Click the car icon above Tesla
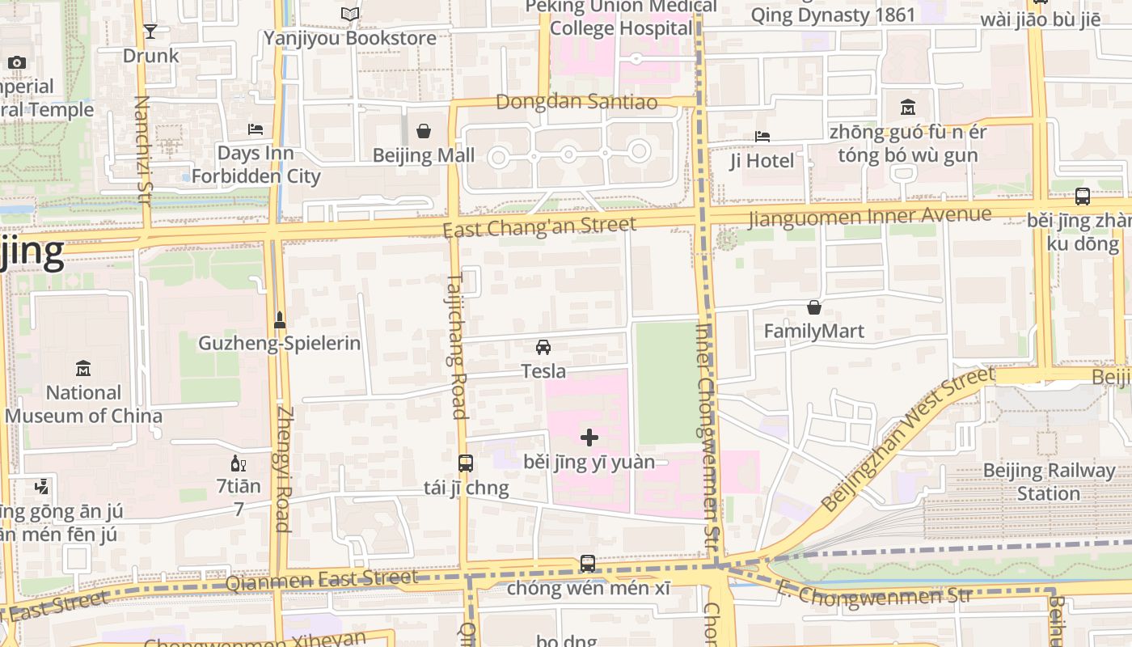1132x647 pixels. tap(543, 347)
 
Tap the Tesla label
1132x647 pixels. tap(543, 371)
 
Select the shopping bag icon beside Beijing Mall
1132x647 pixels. tap(423, 131)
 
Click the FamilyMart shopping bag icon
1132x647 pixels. tap(814, 307)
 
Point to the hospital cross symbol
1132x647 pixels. tap(589, 438)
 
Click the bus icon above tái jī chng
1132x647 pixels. tap(466, 463)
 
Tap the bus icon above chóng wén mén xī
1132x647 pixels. tap(588, 563)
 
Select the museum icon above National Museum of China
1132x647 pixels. tap(82, 369)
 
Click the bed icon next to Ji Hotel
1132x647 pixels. tap(762, 137)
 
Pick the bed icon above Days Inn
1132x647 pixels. tap(256, 129)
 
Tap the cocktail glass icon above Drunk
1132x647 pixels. tap(150, 32)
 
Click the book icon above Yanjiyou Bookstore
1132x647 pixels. tap(349, 15)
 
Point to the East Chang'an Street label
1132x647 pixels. tap(539, 226)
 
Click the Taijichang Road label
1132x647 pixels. tap(456, 346)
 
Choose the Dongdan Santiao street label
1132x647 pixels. tap(576, 102)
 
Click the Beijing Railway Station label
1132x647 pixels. tap(1048, 482)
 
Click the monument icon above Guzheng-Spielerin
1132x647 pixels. tap(280, 319)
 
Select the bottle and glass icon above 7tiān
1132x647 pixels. tap(239, 463)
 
